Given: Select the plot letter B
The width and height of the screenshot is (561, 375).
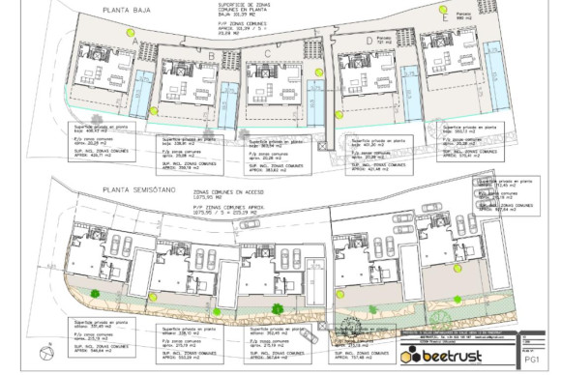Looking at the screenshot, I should [x=211, y=56].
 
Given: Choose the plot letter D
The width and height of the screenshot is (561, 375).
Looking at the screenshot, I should [x=371, y=41].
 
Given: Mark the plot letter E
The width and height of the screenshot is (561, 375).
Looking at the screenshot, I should [x=444, y=43].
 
